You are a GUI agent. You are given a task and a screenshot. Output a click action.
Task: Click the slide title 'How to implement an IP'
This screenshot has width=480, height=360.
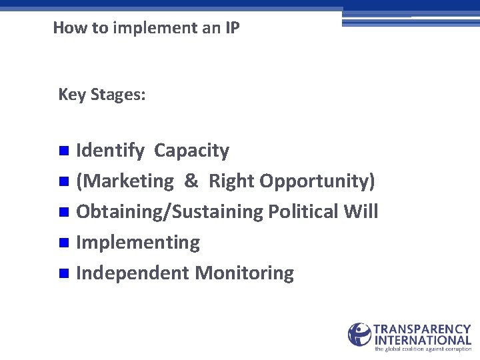coord(146,28)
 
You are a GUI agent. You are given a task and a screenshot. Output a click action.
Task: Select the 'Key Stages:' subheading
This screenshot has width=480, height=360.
coord(101,95)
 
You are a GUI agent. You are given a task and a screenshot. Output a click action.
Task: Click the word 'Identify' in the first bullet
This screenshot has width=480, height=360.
coord(110,151)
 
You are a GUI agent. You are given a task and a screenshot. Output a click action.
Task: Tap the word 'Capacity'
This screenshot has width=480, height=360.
coord(191,151)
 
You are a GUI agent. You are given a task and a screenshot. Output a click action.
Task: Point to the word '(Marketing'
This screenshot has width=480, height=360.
coord(125,181)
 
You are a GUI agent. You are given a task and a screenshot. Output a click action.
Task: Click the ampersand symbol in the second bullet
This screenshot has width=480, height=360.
coord(191,181)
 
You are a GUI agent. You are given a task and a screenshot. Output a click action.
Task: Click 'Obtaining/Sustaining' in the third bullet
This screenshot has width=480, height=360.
coord(170,212)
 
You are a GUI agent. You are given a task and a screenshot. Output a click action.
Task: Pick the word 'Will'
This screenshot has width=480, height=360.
coord(361,212)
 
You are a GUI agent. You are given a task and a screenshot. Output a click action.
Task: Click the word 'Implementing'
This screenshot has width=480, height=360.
coord(138,243)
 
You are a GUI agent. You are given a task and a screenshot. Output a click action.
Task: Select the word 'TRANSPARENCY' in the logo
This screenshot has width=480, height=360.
coord(423,329)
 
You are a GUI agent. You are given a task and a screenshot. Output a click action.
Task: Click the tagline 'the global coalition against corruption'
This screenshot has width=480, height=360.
coord(423,349)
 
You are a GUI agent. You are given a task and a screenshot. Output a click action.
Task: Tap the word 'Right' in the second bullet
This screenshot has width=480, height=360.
coord(231,181)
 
